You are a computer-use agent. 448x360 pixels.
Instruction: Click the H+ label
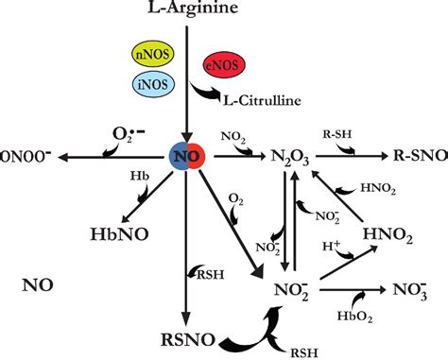pyautogui.click(x=332, y=245)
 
